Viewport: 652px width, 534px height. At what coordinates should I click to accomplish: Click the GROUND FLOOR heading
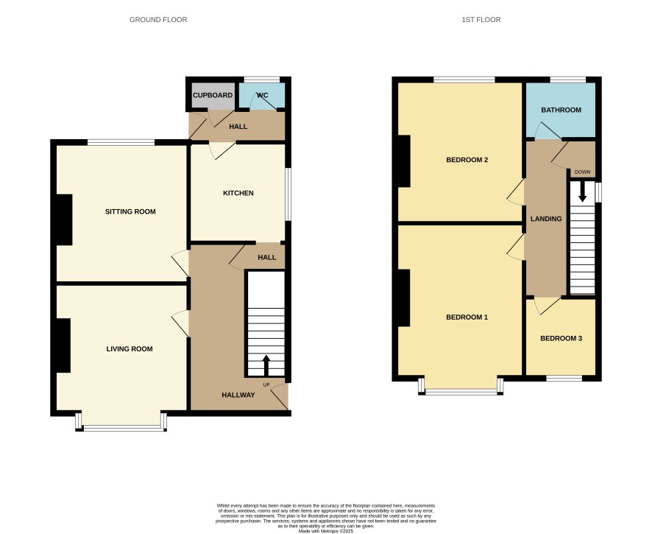158,20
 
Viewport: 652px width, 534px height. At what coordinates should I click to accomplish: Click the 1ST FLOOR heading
481,20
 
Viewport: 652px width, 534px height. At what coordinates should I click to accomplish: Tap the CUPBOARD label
213,95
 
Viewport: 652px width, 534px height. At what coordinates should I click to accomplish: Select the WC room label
263,95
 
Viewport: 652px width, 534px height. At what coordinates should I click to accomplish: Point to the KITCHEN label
238,193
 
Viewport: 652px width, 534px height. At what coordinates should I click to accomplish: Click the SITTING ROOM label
130,211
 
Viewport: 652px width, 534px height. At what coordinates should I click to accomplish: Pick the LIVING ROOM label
130,349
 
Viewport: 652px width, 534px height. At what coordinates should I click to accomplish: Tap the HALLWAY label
238,395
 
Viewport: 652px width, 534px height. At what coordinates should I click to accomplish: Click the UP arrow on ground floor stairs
266,365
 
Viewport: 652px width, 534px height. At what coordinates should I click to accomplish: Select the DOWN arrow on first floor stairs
582,192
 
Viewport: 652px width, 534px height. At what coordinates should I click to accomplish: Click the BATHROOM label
561,110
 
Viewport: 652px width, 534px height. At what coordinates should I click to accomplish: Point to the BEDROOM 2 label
467,160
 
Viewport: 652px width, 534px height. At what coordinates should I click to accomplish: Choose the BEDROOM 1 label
467,317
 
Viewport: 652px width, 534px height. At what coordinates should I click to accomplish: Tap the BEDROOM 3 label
561,338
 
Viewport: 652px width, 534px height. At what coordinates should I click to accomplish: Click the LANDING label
546,219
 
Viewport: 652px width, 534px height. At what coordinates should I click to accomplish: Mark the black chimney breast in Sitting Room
64,219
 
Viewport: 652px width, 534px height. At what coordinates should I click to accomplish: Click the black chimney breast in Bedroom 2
404,161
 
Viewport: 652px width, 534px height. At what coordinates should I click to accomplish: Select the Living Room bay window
121,423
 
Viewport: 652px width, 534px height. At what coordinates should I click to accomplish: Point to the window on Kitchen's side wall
288,194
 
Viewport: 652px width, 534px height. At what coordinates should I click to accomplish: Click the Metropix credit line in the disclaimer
325,531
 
